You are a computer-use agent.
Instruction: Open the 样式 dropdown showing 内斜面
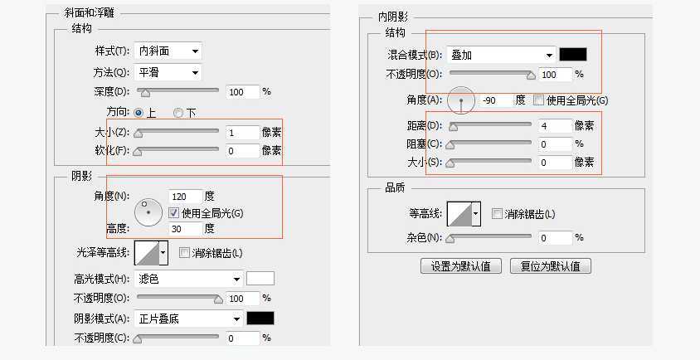pyautogui.click(x=168, y=51)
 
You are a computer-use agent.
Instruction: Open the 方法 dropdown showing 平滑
pyautogui.click(x=168, y=72)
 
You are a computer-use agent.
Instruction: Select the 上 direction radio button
pyautogui.click(x=139, y=113)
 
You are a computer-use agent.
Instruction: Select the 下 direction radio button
pyautogui.click(x=177, y=113)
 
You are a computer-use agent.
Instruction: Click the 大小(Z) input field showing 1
pyautogui.click(x=241, y=133)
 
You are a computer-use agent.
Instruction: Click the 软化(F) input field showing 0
pyautogui.click(x=241, y=151)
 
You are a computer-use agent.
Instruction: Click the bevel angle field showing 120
pyautogui.click(x=185, y=197)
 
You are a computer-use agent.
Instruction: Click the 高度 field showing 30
pyautogui.click(x=185, y=228)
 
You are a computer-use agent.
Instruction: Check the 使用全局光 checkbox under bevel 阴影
pyautogui.click(x=174, y=212)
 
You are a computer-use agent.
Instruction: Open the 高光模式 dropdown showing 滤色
pyautogui.click(x=188, y=279)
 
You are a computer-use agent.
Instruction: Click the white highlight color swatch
pyautogui.click(x=260, y=279)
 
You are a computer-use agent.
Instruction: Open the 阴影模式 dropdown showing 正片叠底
pyautogui.click(x=188, y=319)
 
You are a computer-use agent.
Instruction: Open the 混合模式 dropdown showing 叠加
pyautogui.click(x=500, y=55)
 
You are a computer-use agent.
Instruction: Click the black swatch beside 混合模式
pyautogui.click(x=573, y=55)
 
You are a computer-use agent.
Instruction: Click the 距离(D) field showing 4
pyautogui.click(x=554, y=126)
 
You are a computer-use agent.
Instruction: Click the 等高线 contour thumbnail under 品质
pyautogui.click(x=459, y=214)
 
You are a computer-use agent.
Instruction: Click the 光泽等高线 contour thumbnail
pyautogui.click(x=147, y=252)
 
